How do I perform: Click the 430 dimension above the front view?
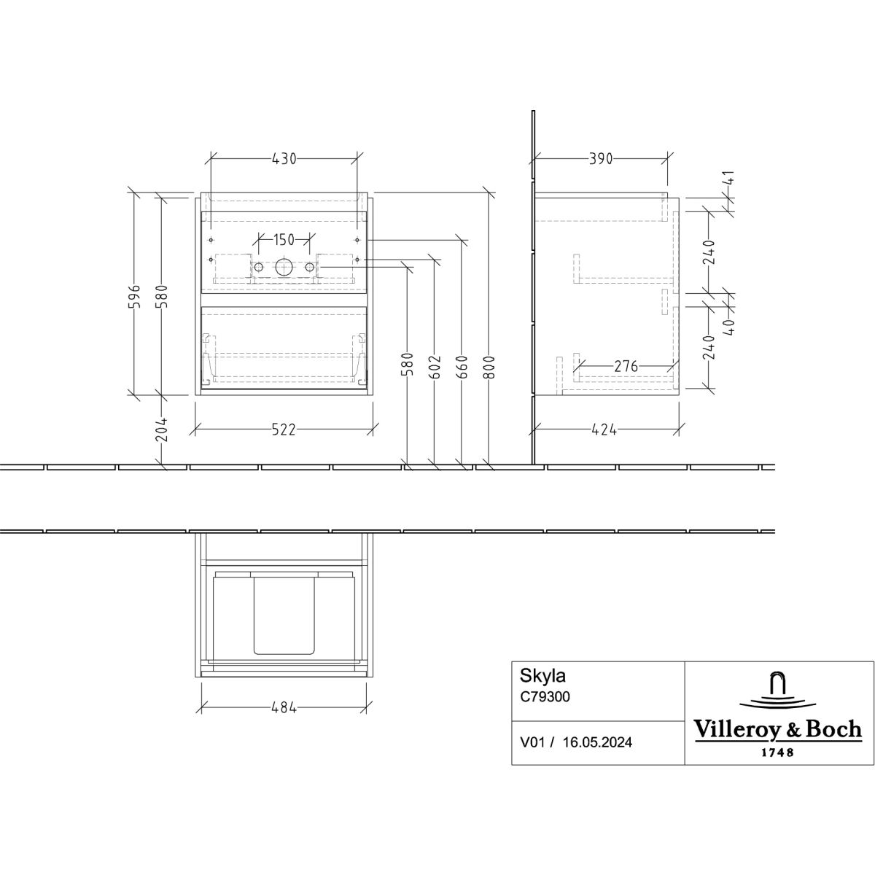point(284,159)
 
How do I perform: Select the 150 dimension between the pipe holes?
point(284,239)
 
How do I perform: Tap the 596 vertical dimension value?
point(134,297)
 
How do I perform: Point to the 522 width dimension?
point(284,429)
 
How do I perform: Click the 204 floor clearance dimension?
point(162,429)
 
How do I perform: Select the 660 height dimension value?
point(462,367)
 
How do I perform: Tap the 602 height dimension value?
point(435,367)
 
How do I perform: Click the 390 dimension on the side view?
point(601,159)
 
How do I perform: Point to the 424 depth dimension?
point(604,429)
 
